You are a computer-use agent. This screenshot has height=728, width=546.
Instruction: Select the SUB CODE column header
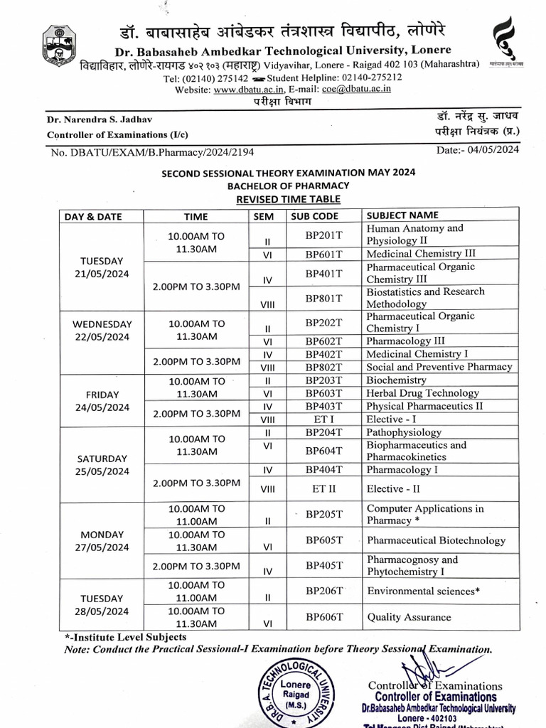[x=314, y=216]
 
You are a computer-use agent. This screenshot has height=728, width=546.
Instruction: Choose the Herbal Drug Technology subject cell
[x=422, y=393]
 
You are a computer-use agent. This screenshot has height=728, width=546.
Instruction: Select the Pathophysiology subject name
[x=403, y=432]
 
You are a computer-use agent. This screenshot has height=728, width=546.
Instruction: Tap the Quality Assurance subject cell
[x=408, y=617]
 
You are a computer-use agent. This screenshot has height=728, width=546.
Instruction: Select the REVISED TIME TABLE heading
[x=288, y=199]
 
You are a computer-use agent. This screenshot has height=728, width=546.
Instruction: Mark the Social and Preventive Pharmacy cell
[x=439, y=368]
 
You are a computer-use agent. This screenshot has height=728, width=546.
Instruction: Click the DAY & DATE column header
[x=94, y=216]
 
